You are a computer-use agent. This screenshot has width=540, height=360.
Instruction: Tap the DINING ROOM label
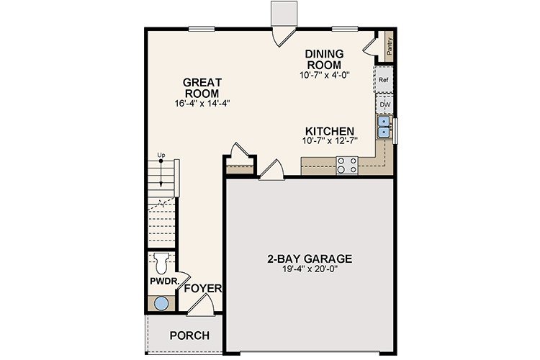point(324,59)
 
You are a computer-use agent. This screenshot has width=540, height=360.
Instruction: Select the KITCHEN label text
point(330,131)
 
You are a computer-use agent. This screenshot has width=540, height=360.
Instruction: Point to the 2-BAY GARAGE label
point(310,259)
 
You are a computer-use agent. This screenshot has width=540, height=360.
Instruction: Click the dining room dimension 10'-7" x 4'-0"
point(324,74)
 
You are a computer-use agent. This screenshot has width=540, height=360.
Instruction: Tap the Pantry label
point(390,48)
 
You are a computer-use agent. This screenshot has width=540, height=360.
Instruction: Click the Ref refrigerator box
point(384,81)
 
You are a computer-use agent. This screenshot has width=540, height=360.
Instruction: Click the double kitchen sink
point(384,127)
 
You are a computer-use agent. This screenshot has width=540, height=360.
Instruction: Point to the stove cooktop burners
point(348,165)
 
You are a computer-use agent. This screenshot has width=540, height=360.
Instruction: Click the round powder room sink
point(161,303)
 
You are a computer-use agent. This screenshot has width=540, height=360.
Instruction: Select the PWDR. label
point(163,282)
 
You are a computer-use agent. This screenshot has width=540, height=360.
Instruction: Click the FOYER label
point(202,289)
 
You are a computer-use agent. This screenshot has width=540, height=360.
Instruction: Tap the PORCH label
point(189,336)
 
